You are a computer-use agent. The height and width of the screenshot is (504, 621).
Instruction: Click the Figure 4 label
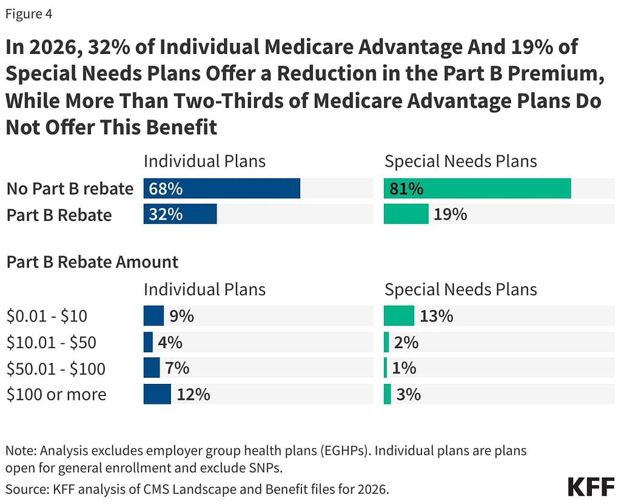click(29, 15)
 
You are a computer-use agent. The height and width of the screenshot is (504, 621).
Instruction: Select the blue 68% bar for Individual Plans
click(222, 189)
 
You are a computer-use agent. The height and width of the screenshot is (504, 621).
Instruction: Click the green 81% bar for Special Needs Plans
click(477, 189)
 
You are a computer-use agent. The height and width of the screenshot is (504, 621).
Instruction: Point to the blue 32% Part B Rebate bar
click(180, 214)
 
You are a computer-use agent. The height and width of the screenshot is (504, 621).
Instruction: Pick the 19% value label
click(450, 214)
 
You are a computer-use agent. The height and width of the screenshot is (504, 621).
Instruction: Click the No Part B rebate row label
click(70, 189)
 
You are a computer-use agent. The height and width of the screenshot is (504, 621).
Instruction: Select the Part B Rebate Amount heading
click(92, 262)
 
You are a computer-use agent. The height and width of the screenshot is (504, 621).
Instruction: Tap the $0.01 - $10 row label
click(47, 316)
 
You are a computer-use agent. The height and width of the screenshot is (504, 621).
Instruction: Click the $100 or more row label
click(56, 394)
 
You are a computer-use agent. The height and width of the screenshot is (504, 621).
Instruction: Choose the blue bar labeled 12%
click(157, 394)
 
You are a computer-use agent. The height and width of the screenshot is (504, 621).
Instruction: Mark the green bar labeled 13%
click(399, 316)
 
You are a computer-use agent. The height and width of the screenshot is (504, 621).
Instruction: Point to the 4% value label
click(170, 343)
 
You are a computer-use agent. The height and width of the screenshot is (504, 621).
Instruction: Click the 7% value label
click(177, 368)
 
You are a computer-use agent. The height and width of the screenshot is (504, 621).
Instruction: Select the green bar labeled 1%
click(386, 368)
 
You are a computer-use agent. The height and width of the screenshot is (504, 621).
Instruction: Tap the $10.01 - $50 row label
click(52, 343)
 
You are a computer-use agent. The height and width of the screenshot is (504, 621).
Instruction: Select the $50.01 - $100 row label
click(56, 368)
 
